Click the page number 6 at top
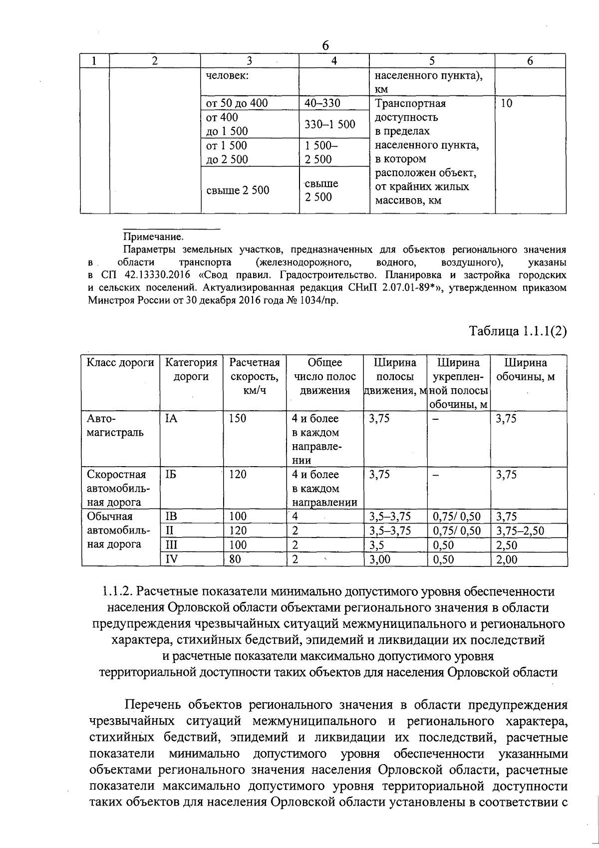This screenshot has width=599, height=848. tap(325, 45)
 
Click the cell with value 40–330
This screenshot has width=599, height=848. tap(322, 103)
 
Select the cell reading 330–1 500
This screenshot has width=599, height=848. tap(330, 124)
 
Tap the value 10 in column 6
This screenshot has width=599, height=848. tap(506, 103)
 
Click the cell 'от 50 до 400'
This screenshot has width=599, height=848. tap(237, 103)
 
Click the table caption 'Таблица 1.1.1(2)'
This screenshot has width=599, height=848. tap(518, 331)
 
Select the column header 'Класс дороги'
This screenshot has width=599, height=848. tap(120, 363)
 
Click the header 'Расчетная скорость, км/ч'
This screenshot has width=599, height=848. tap(255, 376)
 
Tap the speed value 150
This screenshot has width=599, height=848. tap(238, 418)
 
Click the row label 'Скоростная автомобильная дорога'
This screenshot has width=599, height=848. tap(117, 488)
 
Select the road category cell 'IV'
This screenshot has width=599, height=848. tap(171, 560)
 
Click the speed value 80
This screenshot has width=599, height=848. tap(235, 560)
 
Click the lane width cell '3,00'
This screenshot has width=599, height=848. tap(380, 560)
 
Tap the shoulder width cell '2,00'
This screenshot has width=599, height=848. tap(507, 560)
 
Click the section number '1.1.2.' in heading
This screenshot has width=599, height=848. tap(117, 592)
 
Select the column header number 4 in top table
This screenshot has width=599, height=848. tap(334, 61)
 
